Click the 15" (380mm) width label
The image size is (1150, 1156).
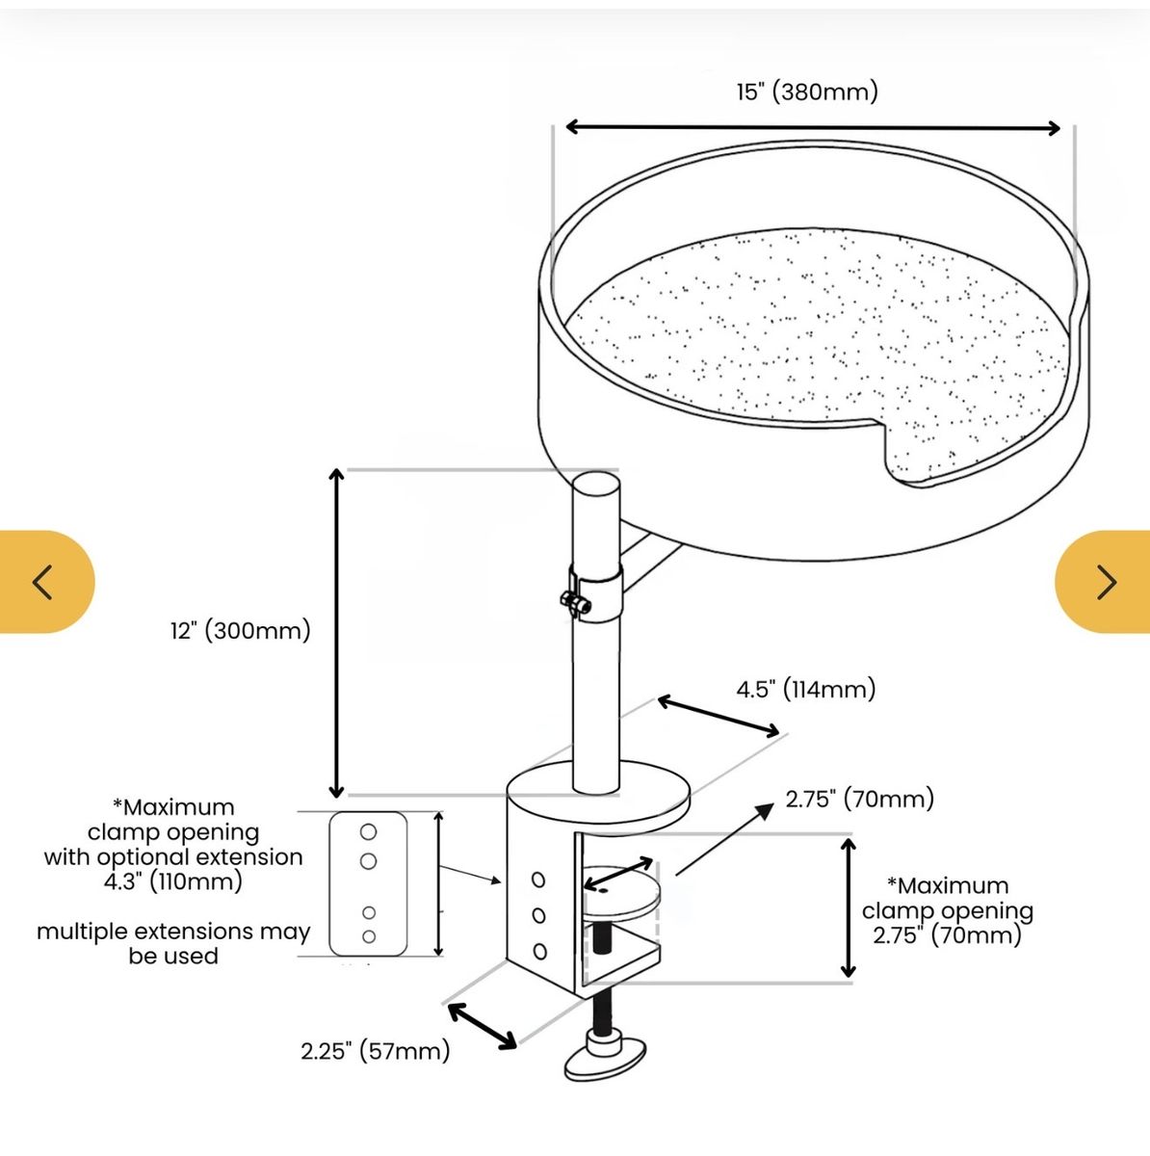tap(807, 92)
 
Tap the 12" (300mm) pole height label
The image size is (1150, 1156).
tap(241, 630)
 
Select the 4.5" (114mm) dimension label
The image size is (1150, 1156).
tap(805, 690)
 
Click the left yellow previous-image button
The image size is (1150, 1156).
tap(47, 581)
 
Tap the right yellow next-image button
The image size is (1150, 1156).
tap(1103, 581)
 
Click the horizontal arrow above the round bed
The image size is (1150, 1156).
tap(813, 127)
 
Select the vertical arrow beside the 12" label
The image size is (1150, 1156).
tap(336, 633)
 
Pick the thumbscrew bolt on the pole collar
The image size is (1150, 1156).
tap(575, 602)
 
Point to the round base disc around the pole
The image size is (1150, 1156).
tap(599, 791)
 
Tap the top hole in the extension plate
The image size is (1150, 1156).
tap(368, 832)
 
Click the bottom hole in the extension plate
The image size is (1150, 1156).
tap(369, 936)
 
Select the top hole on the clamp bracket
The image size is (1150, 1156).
tap(538, 880)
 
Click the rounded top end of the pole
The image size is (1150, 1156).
tap(596, 484)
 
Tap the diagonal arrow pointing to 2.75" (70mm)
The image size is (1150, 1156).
tap(724, 839)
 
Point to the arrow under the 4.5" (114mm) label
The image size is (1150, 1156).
tap(719, 715)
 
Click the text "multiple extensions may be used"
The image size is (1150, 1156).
tap(173, 944)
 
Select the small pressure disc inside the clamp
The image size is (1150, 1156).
tap(621, 894)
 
